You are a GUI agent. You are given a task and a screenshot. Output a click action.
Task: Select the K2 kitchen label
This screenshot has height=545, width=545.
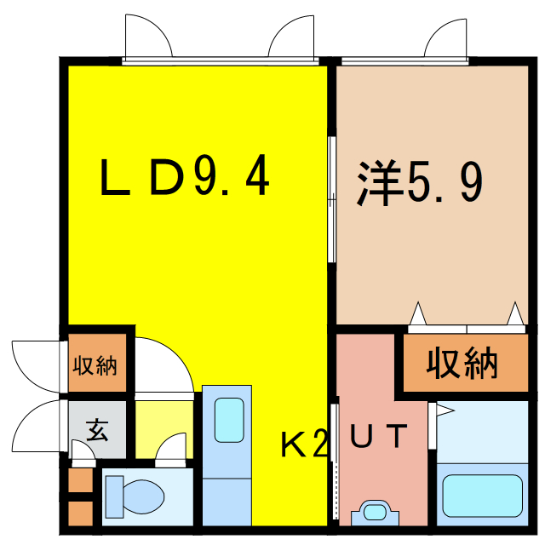pyautogui.click(x=304, y=443)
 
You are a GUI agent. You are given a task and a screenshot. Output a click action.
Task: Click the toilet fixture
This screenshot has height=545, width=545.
pyautogui.click(x=135, y=495)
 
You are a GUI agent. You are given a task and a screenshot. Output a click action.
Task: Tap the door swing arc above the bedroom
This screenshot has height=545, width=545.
pyautogui.click(x=447, y=38)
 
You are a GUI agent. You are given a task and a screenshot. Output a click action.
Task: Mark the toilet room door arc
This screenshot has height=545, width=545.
pyautogui.click(x=172, y=450)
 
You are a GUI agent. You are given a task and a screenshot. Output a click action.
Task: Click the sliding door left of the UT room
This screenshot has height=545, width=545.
pyautogui.click(x=335, y=464)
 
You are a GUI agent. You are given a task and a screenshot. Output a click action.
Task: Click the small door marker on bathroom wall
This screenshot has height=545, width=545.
pyautogui.click(x=442, y=410)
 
